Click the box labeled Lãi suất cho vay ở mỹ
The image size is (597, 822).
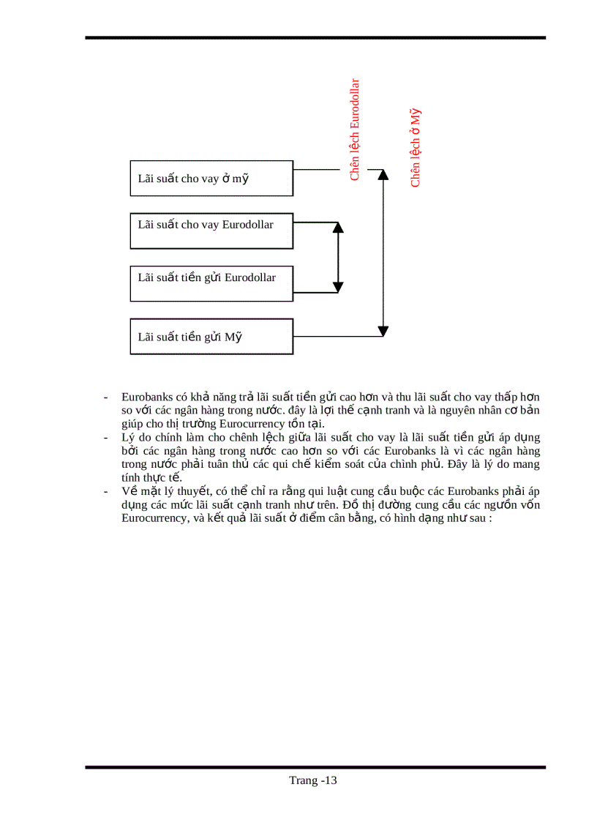click(x=211, y=179)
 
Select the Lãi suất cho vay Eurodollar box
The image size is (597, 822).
click(x=211, y=231)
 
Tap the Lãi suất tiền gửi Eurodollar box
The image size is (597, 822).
click(x=211, y=284)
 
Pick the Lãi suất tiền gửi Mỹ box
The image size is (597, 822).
click(x=211, y=337)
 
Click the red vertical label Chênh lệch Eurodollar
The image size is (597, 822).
click(x=355, y=130)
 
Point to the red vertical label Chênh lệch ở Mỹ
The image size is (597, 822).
click(x=416, y=148)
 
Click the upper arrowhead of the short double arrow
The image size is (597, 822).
click(x=337, y=226)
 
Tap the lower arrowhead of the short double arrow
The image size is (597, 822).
click(x=337, y=286)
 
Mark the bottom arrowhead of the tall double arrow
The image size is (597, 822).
click(x=382, y=331)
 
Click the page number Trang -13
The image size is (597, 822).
click(x=312, y=780)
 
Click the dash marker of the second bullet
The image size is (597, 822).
click(x=107, y=438)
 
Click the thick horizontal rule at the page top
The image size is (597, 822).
click(x=315, y=37)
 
